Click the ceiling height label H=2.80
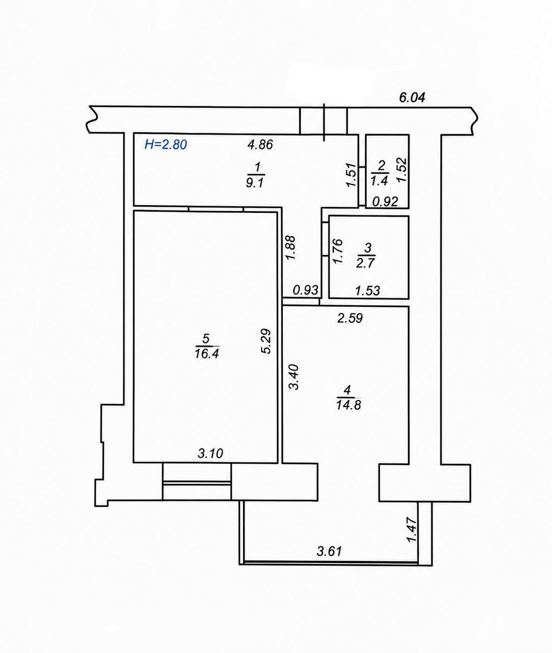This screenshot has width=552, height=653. point(166,145)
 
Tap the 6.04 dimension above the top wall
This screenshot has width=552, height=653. point(412,97)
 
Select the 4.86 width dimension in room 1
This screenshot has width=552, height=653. point(260,145)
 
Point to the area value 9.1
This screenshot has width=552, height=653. point(255,183)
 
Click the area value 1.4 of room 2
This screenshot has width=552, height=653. point(380,181)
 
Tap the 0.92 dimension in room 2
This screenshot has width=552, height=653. point(385,201)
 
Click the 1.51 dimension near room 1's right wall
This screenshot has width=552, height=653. point(351,175)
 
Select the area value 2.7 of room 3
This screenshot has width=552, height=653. point(365,263)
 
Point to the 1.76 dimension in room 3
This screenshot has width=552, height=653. point(337,251)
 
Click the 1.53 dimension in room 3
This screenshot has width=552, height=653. point(367,291)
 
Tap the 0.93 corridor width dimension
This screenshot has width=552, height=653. point(306,290)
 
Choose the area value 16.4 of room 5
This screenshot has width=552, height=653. point(207,354)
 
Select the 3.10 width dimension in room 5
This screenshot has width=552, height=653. point(210,454)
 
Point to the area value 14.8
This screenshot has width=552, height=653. point(348,405)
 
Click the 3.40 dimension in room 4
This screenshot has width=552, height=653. point(294,378)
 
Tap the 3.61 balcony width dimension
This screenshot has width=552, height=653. point(329,551)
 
